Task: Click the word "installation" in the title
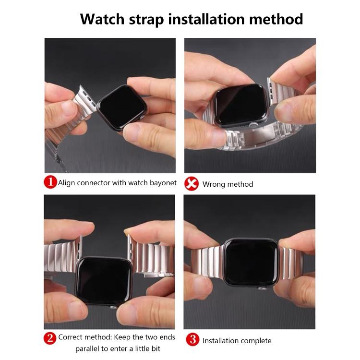coord(207,19)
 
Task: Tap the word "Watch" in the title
coord(102,19)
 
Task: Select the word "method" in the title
coord(276,19)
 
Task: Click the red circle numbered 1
coord(50,182)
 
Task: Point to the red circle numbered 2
coord(50,338)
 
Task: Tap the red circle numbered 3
coord(192,339)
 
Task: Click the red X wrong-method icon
coord(192,183)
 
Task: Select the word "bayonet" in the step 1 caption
coord(163,183)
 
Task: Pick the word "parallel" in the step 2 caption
coord(87,349)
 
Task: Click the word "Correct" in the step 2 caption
coord(72,337)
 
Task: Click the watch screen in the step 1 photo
coord(122,107)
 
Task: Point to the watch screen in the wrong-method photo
coord(240,105)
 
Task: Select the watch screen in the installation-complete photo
coord(251,262)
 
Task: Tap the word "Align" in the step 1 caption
coord(67,183)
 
